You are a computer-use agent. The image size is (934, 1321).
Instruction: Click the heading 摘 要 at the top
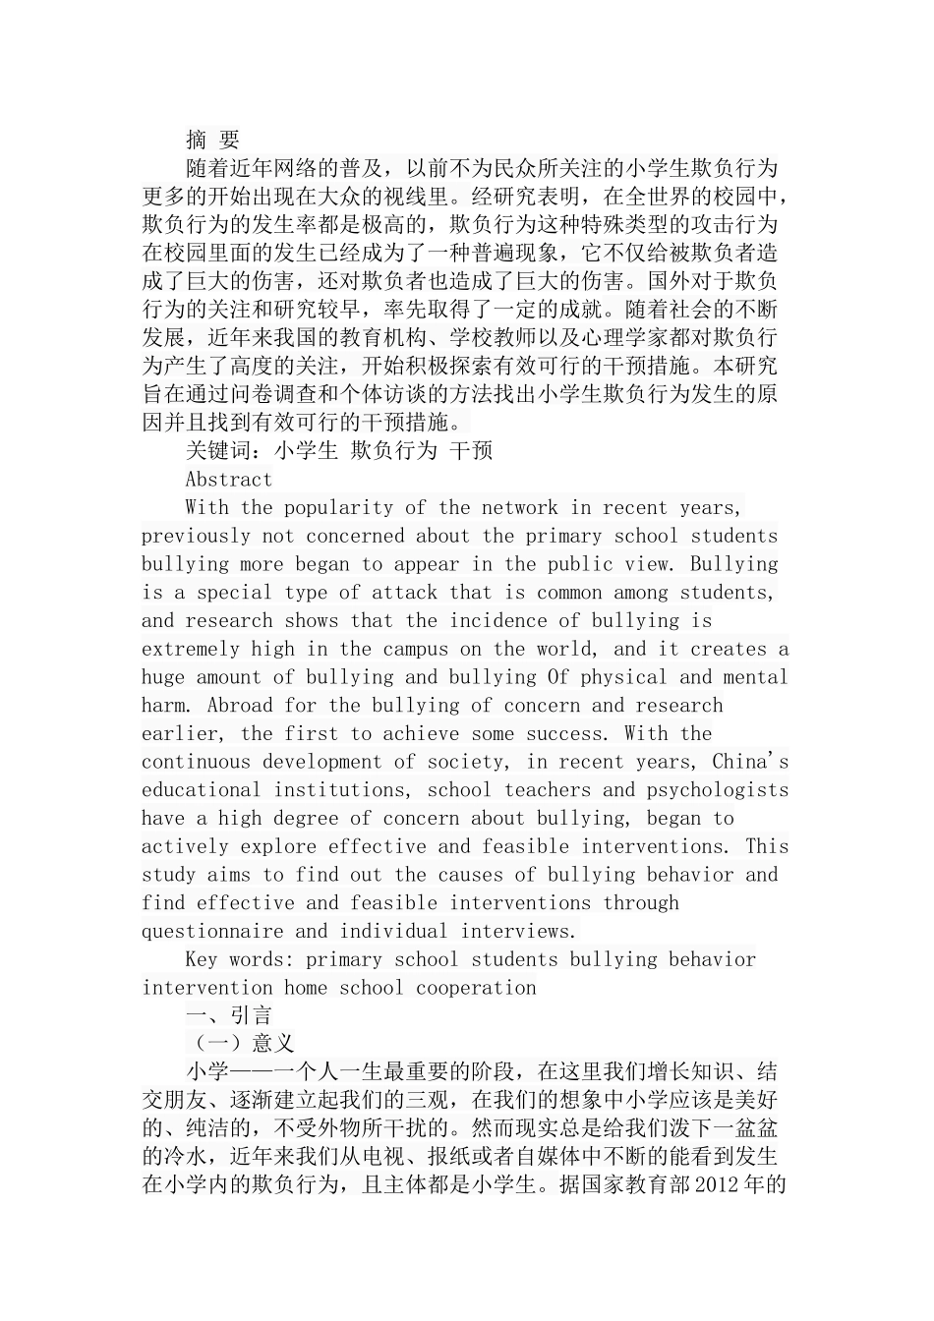click(212, 140)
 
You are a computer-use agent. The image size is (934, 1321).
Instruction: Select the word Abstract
click(229, 480)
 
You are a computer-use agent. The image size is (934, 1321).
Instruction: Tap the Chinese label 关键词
click(218, 451)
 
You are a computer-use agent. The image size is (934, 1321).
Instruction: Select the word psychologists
click(718, 790)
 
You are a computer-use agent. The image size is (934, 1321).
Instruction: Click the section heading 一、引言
click(229, 1016)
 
